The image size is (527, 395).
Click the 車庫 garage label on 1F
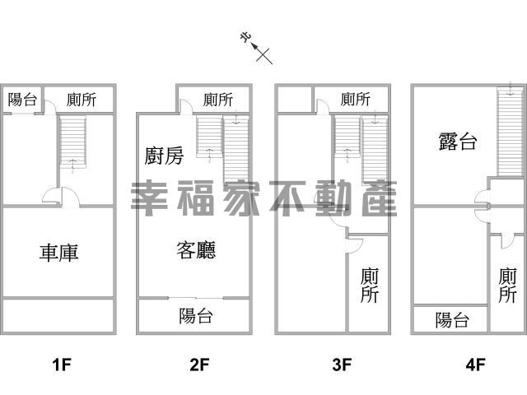58,253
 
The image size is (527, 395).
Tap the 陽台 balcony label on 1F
22,100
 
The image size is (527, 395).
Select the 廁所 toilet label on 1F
82,100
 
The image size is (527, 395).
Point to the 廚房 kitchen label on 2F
164,156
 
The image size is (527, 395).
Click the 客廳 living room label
196,249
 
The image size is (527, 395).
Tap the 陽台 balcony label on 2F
196,315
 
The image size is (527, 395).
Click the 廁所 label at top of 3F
355,100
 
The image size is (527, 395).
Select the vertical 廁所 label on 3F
370,286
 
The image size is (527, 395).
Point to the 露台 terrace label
457,142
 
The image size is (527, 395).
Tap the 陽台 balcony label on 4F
452,320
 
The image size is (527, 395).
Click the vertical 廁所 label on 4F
508,286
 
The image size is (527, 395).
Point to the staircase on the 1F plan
72,142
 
